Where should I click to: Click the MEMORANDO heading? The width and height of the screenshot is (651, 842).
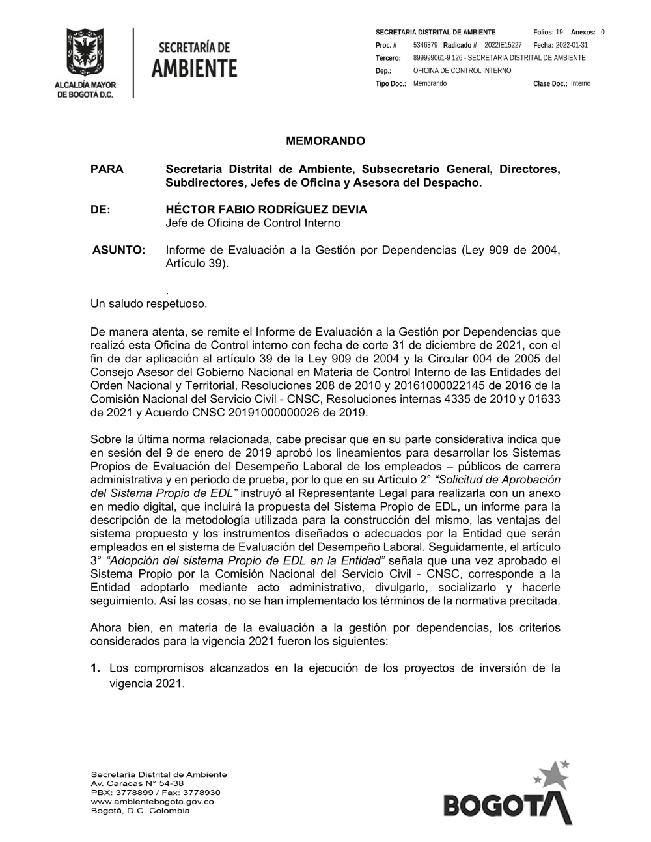coord(325,141)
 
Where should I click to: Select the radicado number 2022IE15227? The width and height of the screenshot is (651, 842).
coord(503,45)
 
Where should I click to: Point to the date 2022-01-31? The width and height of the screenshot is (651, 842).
coord(572,45)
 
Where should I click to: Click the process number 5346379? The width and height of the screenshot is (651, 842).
coord(425,45)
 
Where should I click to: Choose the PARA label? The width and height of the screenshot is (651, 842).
coord(107,170)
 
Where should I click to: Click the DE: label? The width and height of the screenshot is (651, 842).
coord(101,210)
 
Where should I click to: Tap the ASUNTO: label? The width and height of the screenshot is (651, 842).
coord(119,250)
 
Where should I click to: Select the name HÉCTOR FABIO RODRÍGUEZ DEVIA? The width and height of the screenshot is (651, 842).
coord(266,210)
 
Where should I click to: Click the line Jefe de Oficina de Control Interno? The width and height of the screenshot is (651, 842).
coord(253,223)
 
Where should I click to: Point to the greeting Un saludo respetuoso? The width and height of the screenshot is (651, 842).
coord(148,303)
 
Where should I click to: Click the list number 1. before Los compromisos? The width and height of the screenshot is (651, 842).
coord(95,668)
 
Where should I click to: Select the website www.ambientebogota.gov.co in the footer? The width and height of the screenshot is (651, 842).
coord(152,802)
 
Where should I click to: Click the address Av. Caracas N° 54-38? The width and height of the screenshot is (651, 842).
coord(137,783)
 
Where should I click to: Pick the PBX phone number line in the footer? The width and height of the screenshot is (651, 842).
coord(156,793)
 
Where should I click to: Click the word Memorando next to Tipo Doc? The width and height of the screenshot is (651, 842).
coord(430,83)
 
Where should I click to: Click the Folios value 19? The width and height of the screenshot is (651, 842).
coord(559,32)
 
